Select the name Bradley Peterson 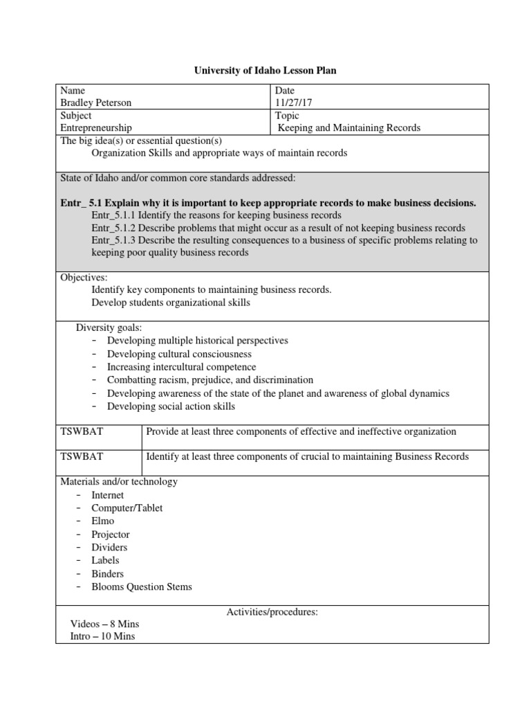[96, 102]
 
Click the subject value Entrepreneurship [96, 127]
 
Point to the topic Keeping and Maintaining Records [348, 127]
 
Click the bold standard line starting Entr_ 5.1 [268, 203]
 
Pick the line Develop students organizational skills [171, 303]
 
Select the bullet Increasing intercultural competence [181, 367]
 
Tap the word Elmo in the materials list [103, 521]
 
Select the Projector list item [110, 535]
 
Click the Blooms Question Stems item [142, 586]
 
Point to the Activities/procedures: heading [272, 612]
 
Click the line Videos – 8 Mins [104, 624]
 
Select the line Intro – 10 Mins [102, 636]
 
